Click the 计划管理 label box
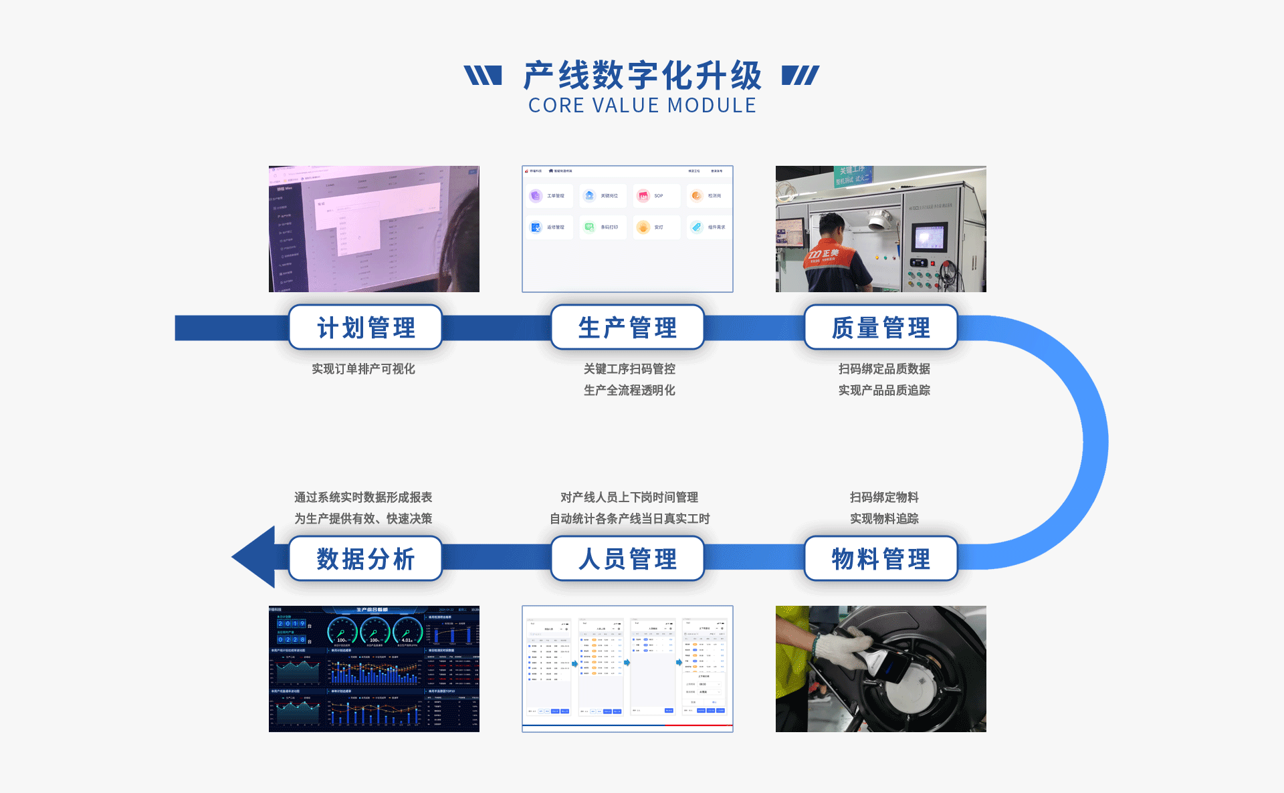click(365, 328)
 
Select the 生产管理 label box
click(627, 328)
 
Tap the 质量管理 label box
click(881, 328)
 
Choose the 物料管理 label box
click(881, 559)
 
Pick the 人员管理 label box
click(627, 559)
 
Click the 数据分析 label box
click(365, 559)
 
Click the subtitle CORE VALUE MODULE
click(642, 106)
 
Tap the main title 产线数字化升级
click(642, 75)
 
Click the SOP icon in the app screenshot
click(643, 196)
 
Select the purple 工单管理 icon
click(536, 196)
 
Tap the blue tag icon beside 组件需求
click(697, 227)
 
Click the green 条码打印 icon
click(589, 227)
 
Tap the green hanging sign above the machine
click(853, 175)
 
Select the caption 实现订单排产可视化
click(363, 369)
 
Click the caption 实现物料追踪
click(884, 519)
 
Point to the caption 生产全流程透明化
click(629, 390)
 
